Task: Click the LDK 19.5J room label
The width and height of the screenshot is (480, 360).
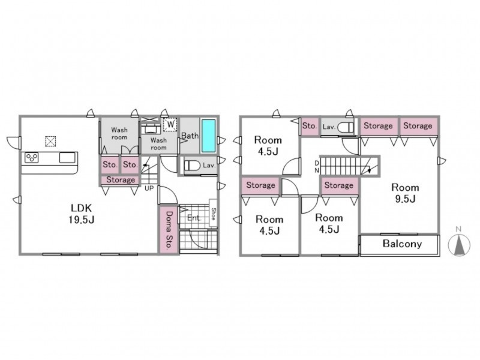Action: click(81, 214)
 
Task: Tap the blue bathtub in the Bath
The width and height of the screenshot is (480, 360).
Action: click(208, 136)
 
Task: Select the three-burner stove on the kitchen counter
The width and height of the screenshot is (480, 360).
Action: click(32, 157)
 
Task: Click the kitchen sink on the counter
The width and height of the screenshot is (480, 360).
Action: click(67, 157)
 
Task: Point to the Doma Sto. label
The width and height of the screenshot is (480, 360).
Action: click(169, 230)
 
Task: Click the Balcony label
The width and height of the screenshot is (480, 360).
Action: click(402, 244)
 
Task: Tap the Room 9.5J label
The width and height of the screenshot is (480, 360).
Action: click(405, 193)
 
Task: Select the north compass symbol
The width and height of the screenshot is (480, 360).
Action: click(458, 243)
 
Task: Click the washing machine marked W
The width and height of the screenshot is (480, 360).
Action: click(170, 125)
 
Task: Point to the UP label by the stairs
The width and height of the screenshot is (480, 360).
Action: click(149, 188)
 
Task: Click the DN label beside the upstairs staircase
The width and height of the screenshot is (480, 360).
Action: click(317, 167)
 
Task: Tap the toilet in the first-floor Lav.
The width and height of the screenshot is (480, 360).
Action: click(192, 166)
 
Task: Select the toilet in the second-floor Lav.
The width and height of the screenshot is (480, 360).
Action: click(346, 127)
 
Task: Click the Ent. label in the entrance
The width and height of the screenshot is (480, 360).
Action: click(194, 218)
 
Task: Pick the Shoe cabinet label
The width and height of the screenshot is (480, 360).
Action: click(214, 214)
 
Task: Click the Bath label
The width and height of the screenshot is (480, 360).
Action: click(190, 136)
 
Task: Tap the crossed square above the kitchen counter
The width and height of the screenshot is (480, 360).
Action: click(50, 141)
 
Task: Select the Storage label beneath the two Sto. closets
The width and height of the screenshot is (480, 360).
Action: click(121, 180)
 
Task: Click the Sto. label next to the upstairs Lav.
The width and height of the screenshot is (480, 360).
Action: click(310, 126)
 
